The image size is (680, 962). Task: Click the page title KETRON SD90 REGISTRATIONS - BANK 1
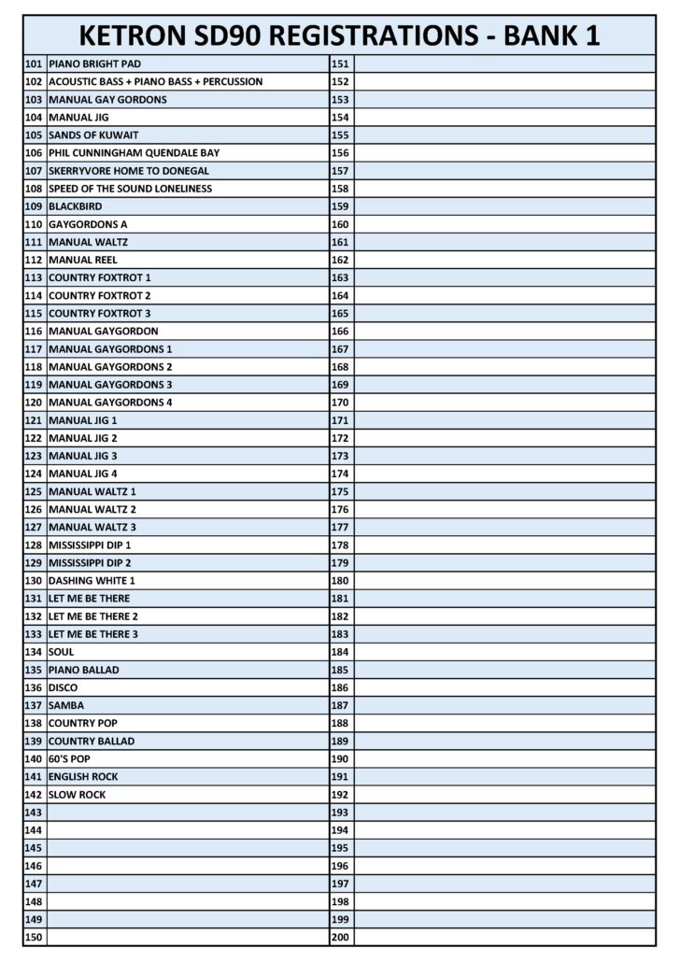339,35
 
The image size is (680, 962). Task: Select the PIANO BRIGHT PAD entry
94,64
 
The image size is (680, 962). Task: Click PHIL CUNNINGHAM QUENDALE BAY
134,152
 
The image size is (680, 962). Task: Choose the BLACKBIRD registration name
76,205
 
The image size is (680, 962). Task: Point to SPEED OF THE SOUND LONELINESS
130,188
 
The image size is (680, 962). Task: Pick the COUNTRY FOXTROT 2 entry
99,295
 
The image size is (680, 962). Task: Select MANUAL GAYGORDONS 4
110,402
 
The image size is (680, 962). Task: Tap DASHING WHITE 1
92,580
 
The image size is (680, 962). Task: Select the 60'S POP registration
69,758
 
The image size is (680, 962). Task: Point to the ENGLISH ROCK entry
83,776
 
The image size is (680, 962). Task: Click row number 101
34,64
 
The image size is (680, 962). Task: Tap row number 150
34,937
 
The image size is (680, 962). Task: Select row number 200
340,937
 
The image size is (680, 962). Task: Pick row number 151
340,64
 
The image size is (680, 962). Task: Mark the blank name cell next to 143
187,813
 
